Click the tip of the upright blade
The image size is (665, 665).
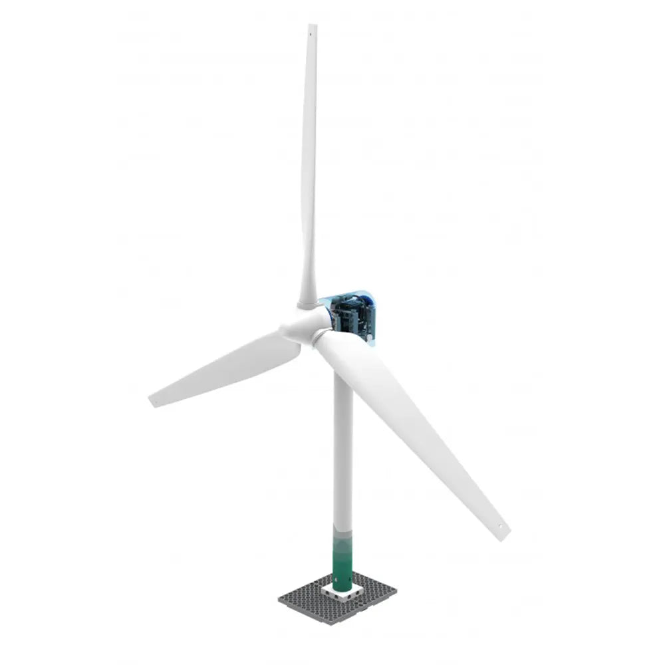click(313, 25)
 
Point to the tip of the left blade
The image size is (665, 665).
click(151, 401)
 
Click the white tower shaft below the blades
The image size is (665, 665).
click(342, 452)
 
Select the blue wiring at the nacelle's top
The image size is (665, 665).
click(346, 295)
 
